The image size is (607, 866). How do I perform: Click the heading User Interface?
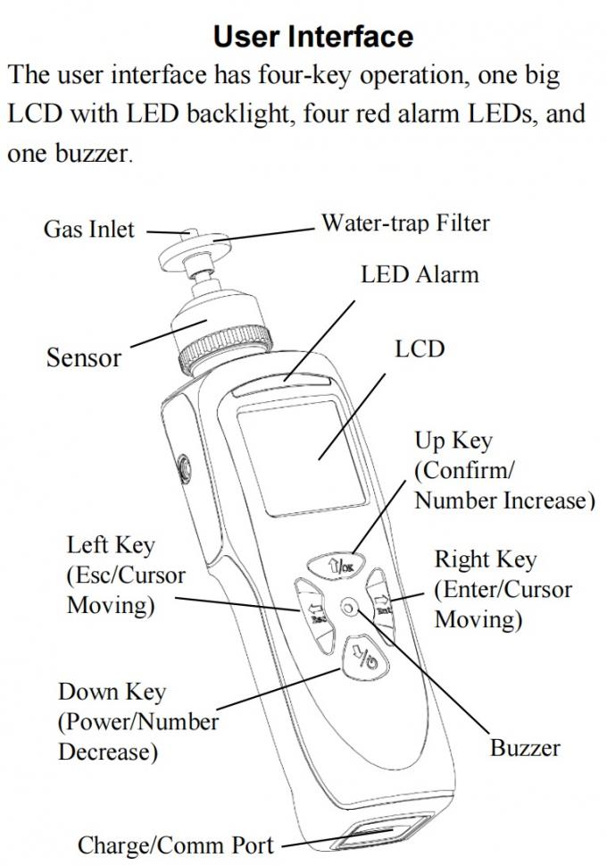[x=313, y=36]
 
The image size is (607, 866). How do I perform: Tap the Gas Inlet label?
[x=88, y=230]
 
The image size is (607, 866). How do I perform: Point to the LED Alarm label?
[x=419, y=274]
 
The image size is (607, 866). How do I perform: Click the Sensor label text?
[x=83, y=357]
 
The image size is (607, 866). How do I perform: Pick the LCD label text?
[x=419, y=349]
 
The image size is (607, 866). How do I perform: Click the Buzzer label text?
[x=525, y=747]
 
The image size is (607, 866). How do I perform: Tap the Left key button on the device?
[x=312, y=613]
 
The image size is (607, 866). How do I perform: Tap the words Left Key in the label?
[x=111, y=545]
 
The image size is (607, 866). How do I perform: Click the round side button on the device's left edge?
[x=184, y=466]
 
